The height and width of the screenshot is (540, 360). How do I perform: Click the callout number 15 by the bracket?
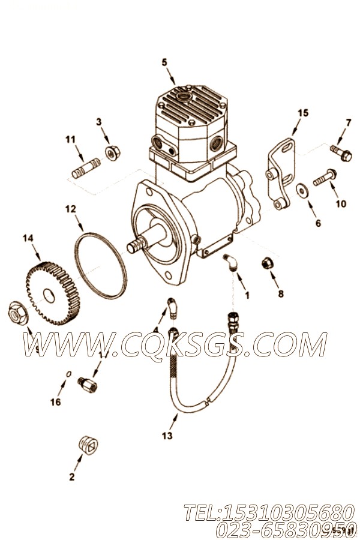coord(302,112)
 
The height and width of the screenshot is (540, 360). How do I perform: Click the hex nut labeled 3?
coord(111,153)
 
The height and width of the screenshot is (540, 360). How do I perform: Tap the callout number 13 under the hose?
coord(167,436)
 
